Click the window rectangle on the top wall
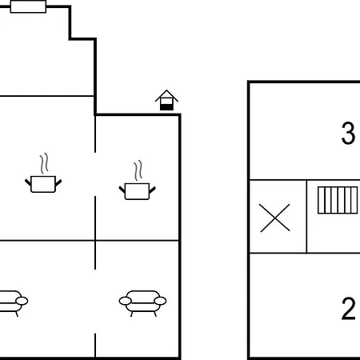pos(28,6)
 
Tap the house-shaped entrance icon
pos(166,100)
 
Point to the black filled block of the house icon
pos(166,107)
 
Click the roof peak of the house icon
pos(166,90)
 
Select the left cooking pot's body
pos(43,184)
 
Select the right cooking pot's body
pos(137,191)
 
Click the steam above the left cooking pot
pos(44,163)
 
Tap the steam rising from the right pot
pos(138,170)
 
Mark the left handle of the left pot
pos(28,182)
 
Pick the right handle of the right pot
pos(152,190)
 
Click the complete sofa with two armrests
pos(142,303)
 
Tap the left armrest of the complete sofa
pos(126,301)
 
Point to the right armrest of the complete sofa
pos(160,301)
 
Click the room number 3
pos(348,133)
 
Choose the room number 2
pos(348,308)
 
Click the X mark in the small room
pos(275,218)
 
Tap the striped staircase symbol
pos(338,200)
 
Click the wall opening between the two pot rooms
pos(95,174)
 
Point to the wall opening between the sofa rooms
pos(95,302)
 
